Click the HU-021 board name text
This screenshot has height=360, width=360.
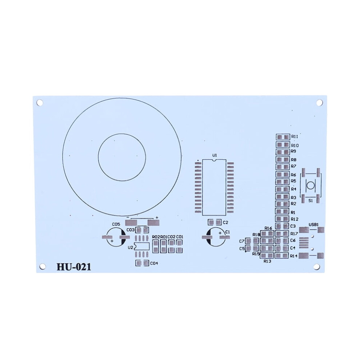click(74, 267)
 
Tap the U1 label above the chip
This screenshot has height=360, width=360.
click(215, 155)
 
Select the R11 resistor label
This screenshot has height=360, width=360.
click(295, 137)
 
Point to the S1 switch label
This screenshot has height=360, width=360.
click(311, 201)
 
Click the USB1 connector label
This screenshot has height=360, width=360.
click(313, 224)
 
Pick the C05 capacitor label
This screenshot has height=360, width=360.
click(116, 224)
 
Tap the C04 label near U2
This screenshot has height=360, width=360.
click(154, 263)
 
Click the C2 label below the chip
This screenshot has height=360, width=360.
click(225, 222)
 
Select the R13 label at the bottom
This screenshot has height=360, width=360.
click(268, 261)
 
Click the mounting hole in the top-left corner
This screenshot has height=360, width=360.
click(40, 103)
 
